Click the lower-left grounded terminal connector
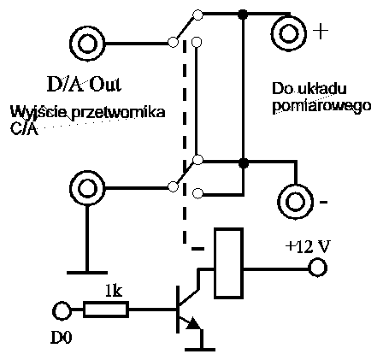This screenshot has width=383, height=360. tap(86, 187)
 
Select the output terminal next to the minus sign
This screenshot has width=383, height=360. tap(296, 201)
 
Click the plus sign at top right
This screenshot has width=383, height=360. tap(321, 32)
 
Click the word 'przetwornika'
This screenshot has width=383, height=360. tap(121, 114)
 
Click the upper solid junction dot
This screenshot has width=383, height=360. tap(244, 14)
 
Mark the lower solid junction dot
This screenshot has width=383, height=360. tap(244, 162)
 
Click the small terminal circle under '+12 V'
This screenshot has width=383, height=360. tap(318, 269)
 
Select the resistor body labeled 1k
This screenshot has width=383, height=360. tap(107, 308)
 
